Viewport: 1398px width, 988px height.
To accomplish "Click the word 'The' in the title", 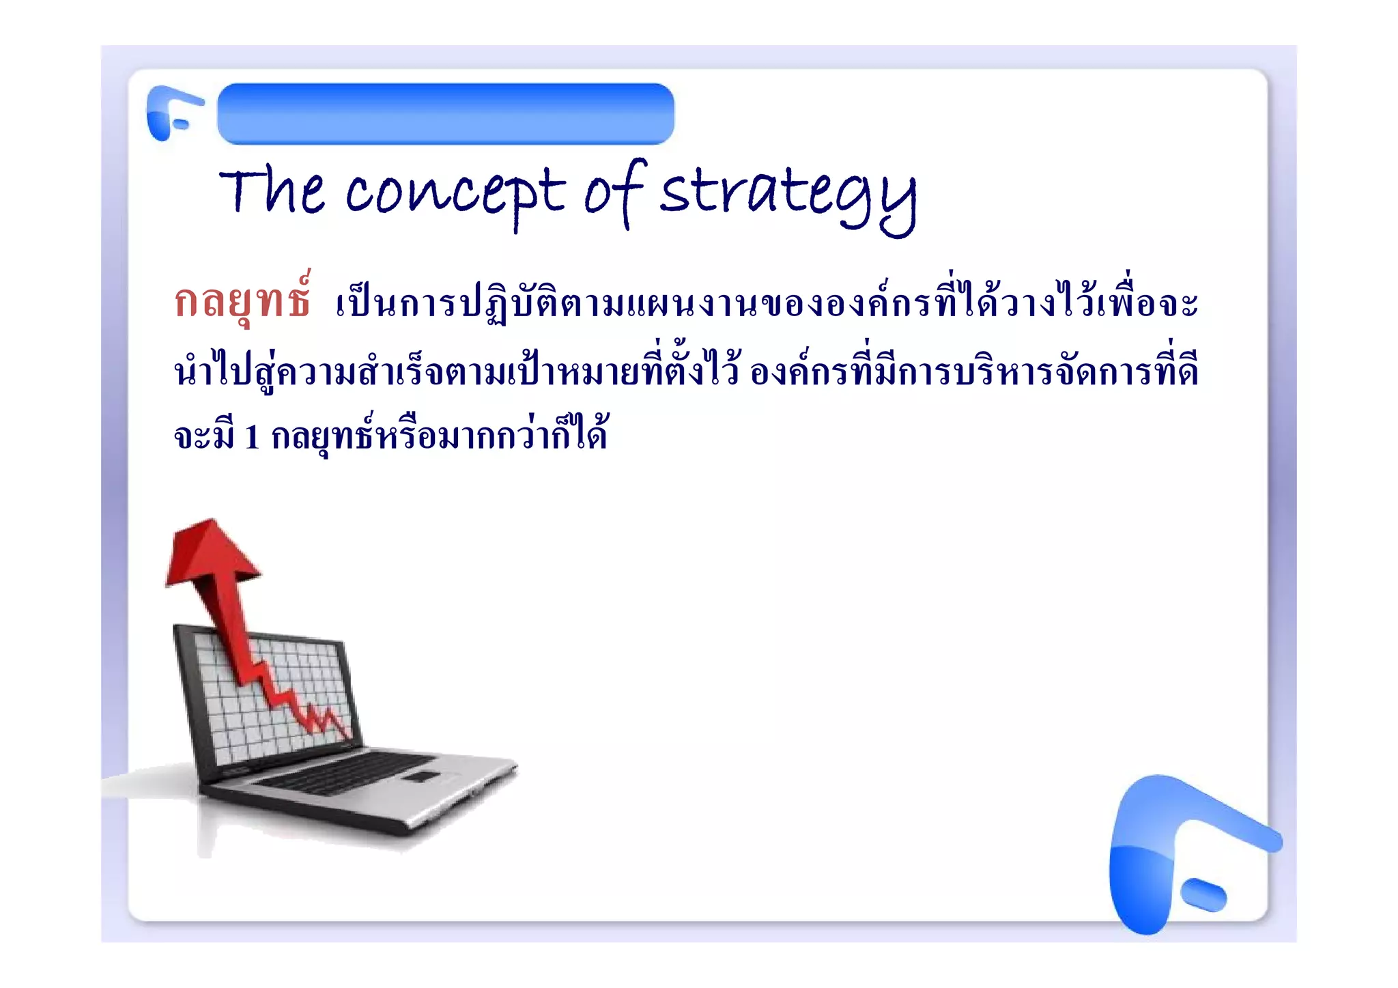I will (x=272, y=191).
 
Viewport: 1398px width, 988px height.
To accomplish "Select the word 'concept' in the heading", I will (x=455, y=193).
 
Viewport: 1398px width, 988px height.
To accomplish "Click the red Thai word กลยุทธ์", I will (x=243, y=301).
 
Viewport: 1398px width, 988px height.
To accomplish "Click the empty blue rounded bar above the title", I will (x=446, y=114).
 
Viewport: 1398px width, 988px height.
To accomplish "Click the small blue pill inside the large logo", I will (x=1203, y=895).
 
